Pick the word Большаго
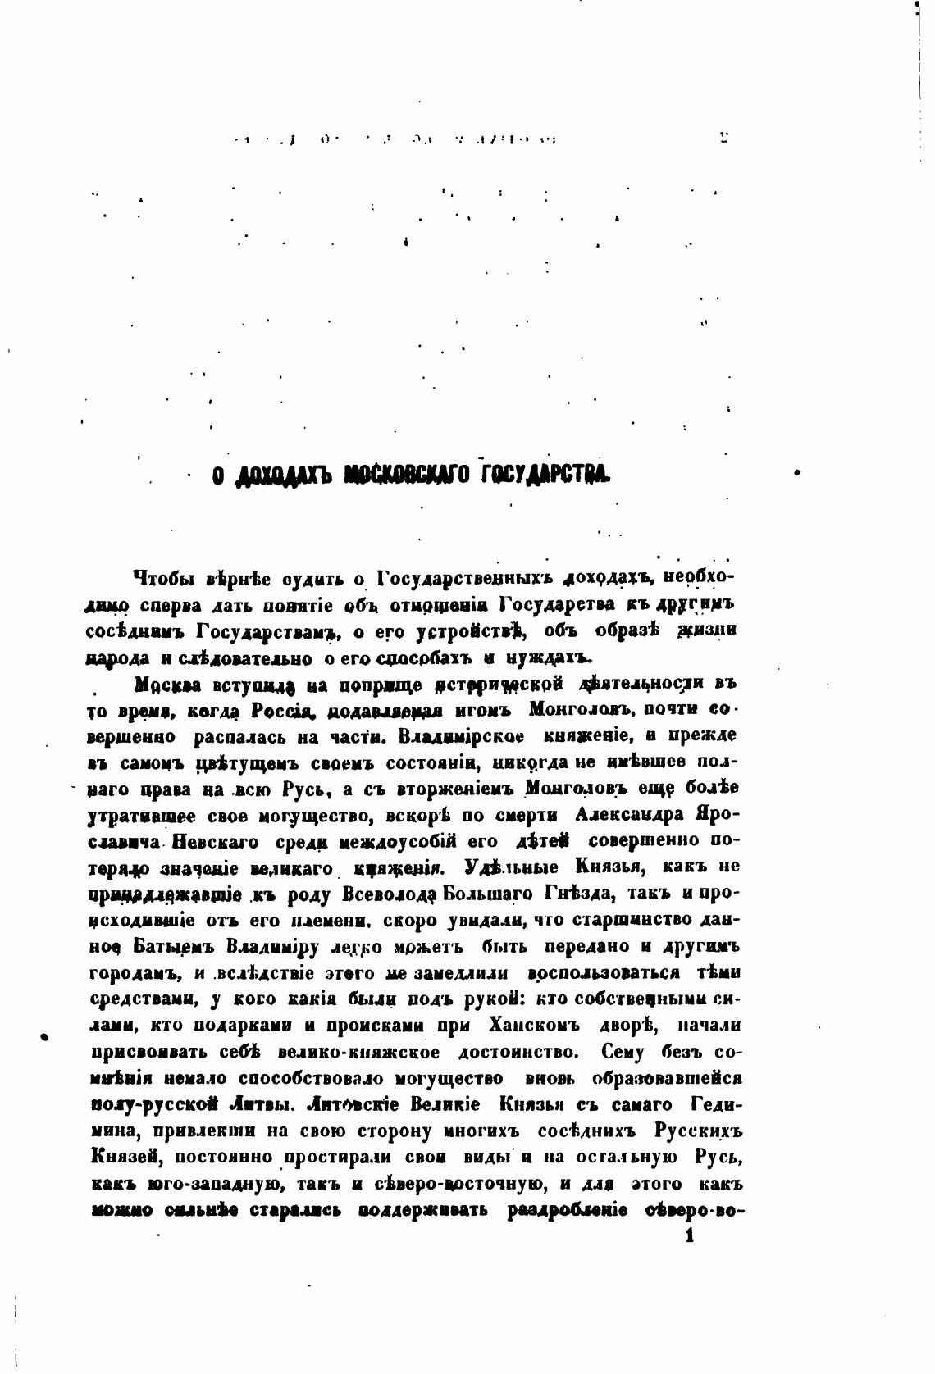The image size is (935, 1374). [489, 893]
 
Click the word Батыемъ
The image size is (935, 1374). [175, 947]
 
